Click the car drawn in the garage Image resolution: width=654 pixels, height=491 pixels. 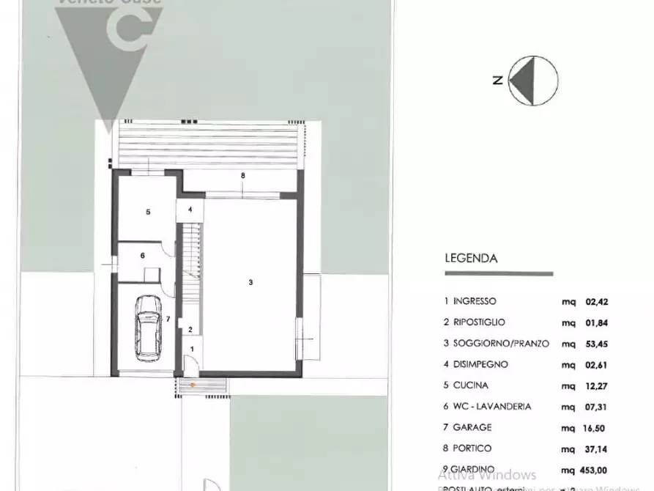[x=149, y=327]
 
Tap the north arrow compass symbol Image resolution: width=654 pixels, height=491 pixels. [x=533, y=81]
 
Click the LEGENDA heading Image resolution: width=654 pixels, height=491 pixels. [x=471, y=258]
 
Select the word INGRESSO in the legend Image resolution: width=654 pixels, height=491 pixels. [x=474, y=301]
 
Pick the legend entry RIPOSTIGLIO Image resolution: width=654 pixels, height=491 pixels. [x=479, y=322]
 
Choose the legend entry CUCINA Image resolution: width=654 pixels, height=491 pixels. [x=470, y=385]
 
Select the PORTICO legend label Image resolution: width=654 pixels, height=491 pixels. [x=472, y=448]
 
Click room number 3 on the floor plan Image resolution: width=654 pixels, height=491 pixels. [x=250, y=283]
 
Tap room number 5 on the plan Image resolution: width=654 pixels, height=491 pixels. [x=148, y=212]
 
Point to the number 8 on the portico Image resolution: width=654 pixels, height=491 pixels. [x=242, y=176]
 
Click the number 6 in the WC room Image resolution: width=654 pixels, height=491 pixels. [x=143, y=255]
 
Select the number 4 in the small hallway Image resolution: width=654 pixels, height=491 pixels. [x=190, y=210]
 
